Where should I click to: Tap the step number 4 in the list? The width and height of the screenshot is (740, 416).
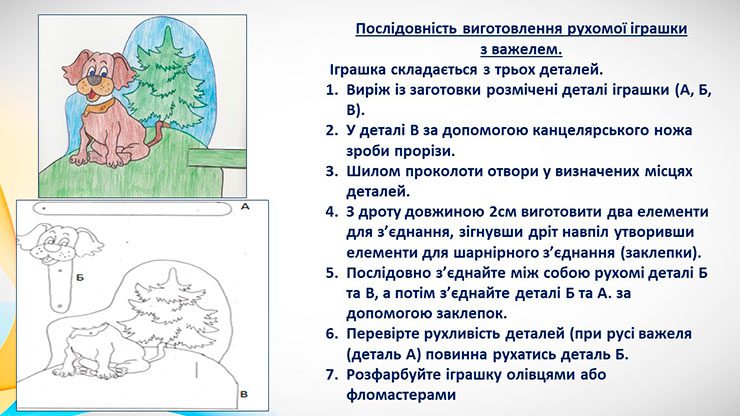(x=331, y=212)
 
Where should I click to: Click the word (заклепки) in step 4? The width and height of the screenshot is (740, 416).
(x=660, y=253)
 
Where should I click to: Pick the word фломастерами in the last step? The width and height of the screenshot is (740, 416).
(x=401, y=395)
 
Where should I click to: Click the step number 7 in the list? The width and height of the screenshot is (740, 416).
(x=331, y=374)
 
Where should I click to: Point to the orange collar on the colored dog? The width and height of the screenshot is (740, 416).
(x=100, y=107)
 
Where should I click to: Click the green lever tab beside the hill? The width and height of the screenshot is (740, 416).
(x=217, y=158)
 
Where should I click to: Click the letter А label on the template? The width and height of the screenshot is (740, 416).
(x=244, y=206)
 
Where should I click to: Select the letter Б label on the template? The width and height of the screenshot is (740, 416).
(x=80, y=278)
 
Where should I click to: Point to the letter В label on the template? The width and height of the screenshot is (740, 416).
(x=244, y=394)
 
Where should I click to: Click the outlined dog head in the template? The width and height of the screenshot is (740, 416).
(x=59, y=244)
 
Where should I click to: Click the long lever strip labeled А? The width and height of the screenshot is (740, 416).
(x=133, y=209)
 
